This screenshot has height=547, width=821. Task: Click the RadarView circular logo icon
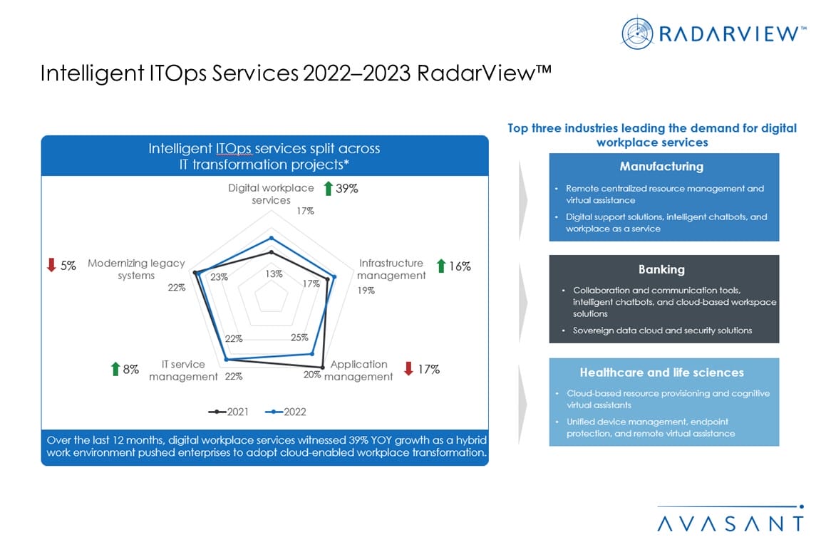636,33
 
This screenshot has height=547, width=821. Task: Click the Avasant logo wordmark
730,522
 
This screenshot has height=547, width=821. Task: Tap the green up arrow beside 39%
328,189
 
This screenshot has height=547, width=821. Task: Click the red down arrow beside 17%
408,369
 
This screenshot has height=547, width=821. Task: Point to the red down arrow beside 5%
51,266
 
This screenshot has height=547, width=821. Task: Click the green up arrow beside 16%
441,266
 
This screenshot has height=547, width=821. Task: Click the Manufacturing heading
661,167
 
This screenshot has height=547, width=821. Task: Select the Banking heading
661,269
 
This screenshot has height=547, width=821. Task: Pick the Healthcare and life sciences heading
661,373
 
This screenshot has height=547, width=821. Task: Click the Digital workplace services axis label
271,194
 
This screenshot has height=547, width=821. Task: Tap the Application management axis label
358,370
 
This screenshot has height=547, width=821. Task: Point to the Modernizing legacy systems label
136,269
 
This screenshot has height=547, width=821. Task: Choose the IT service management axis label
183,370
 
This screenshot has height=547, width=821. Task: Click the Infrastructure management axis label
391,269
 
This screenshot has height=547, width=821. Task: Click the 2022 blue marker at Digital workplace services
271,238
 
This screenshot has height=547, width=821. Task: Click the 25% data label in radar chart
299,338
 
